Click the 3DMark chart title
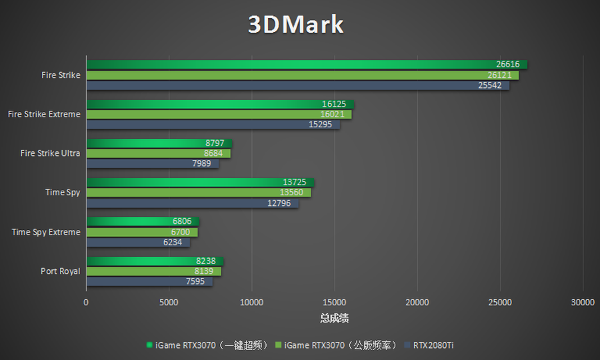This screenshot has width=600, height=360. tap(296, 25)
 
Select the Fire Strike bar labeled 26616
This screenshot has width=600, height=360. tap(307, 65)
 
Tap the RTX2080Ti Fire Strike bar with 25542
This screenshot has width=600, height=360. tap(297, 85)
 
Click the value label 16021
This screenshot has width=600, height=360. tap(332, 115)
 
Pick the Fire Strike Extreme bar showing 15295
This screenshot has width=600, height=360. tap(213, 125)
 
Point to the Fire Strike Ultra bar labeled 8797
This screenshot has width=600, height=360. tap(159, 143)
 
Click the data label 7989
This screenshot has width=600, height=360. tap(203, 164)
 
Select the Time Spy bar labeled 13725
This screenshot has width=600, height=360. tap(200, 183)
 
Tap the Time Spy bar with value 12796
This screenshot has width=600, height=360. tap(192, 203)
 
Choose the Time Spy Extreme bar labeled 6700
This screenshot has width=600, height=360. tap(141, 232)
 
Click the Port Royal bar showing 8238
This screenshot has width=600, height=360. tap(155, 261)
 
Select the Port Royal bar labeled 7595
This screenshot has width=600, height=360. tap(149, 281)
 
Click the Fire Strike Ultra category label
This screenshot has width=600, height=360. tap(50, 153)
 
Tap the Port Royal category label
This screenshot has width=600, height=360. tap(60, 271)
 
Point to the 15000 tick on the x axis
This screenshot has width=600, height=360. tap(335, 303)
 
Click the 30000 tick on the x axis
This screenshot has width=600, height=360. tap(583, 303)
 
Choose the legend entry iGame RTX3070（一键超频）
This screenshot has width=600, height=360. tap(207, 345)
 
